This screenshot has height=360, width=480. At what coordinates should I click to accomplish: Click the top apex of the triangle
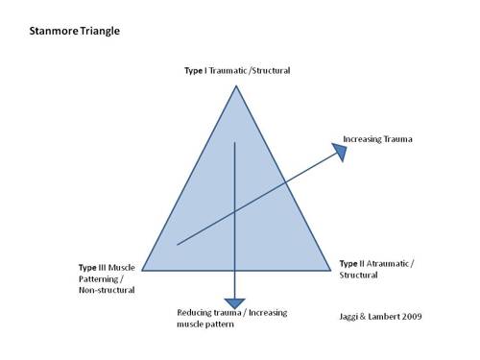click(x=235, y=85)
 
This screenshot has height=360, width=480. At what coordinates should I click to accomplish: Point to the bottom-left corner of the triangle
click(x=141, y=269)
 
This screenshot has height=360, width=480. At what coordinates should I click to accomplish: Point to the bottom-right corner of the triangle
click(x=331, y=269)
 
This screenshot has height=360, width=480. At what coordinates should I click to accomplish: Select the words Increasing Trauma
click(x=378, y=140)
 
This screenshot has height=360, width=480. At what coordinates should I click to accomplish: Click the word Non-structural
click(x=107, y=290)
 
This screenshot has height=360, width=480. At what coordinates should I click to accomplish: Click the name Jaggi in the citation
click(x=353, y=315)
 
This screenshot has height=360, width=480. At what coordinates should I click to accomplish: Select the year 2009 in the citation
click(x=410, y=315)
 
